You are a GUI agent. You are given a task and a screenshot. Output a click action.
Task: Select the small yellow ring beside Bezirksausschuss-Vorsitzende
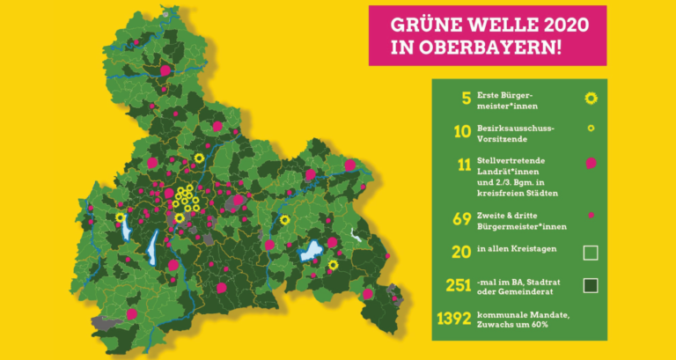(591, 129)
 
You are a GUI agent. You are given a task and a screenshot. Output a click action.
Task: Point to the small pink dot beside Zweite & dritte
(591, 215)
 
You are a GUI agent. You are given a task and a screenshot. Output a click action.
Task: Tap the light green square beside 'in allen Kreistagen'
(591, 253)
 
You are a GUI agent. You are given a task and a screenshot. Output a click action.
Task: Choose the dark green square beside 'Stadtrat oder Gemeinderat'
(591, 284)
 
